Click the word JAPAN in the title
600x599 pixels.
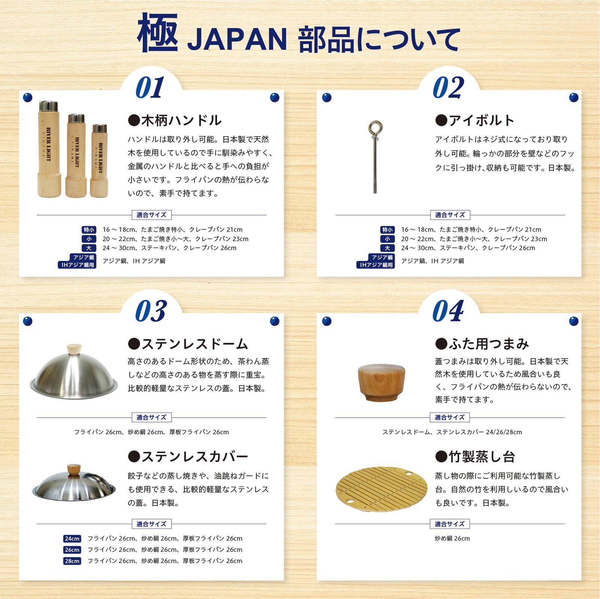[237, 39]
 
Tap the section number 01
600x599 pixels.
[150, 87]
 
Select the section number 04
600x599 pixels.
[448, 311]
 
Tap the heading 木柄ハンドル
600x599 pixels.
[175, 120]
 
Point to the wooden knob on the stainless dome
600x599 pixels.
[74, 349]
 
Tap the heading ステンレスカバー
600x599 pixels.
[188, 457]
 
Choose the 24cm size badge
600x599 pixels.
[72, 539]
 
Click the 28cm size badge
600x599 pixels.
[72, 561]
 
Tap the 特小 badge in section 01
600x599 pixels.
[89, 230]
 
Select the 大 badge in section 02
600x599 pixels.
[387, 248]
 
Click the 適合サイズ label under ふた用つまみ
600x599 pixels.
[450, 417]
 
